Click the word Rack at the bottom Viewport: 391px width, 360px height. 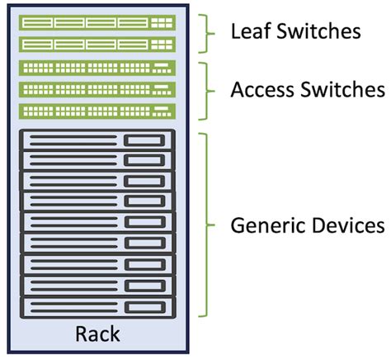(97, 334)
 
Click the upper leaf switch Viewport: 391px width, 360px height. (97, 23)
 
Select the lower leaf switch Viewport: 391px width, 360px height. (97, 44)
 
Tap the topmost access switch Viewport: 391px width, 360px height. (97, 66)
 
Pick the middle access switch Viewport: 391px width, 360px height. (97, 88)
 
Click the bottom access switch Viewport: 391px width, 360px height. (97, 109)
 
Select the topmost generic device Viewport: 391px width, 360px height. (97, 140)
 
